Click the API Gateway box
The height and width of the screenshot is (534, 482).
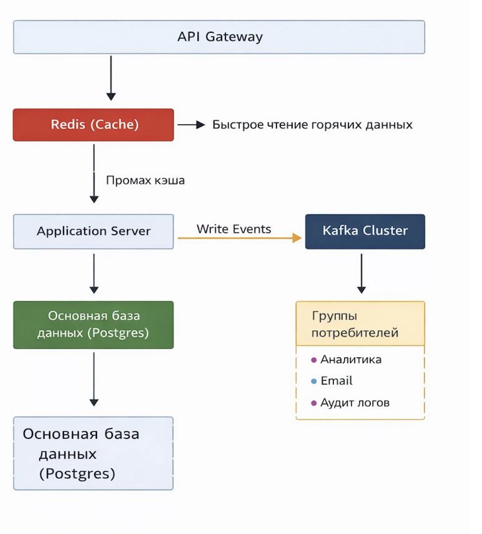(x=219, y=37)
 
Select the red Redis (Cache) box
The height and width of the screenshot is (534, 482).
(x=93, y=125)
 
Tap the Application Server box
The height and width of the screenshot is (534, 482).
(x=93, y=231)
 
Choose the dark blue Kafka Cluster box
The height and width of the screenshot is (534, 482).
(x=365, y=231)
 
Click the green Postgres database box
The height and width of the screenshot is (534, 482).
(x=93, y=325)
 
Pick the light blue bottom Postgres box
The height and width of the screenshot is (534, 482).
(x=93, y=453)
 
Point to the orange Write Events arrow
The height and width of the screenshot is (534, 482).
(x=239, y=238)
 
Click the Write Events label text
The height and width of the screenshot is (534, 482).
(x=234, y=229)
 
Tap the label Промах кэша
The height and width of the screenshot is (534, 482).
(x=145, y=180)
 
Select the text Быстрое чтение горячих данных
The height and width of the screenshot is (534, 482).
(x=312, y=125)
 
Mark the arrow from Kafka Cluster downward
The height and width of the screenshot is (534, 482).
(x=361, y=273)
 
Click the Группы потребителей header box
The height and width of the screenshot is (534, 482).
(x=360, y=324)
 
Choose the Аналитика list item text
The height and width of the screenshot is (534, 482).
(x=351, y=360)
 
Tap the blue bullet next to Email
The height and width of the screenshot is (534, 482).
(x=313, y=382)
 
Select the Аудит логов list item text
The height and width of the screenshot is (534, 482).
(x=355, y=403)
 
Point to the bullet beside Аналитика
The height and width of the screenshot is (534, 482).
(x=313, y=360)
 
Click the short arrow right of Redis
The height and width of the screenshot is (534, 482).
(x=191, y=125)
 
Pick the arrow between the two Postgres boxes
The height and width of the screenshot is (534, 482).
(x=94, y=379)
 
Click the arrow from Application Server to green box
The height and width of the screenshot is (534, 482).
(x=94, y=273)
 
